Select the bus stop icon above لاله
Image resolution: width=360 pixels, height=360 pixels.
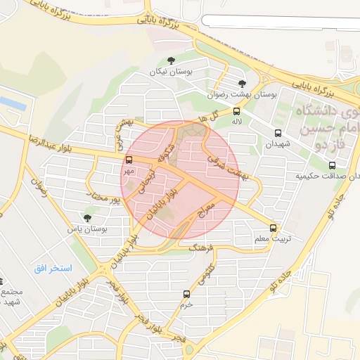(236, 111)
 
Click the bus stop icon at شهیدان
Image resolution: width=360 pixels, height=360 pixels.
(278, 133)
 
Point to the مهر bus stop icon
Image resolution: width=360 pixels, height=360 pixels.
(127, 160)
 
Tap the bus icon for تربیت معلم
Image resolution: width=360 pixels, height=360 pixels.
(274, 228)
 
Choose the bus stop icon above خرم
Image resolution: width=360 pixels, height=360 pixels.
(186, 294)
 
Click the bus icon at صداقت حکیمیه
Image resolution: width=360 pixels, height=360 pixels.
(332, 165)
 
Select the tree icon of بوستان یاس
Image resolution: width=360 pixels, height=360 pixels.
(87, 218)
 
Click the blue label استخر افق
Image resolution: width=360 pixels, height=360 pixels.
(53, 269)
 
